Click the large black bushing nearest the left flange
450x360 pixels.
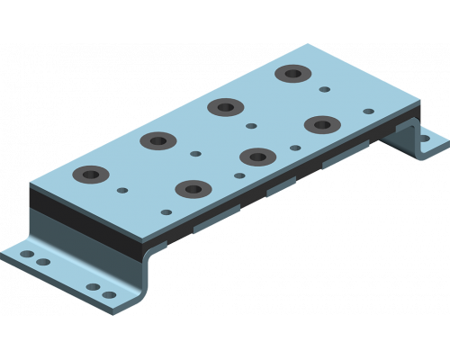click(x=92, y=174)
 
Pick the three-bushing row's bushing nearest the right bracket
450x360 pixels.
click(x=319, y=122)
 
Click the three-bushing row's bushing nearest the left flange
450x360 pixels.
click(x=193, y=189)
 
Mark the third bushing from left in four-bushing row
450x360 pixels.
click(x=225, y=106)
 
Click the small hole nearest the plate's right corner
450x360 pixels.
click(x=367, y=111)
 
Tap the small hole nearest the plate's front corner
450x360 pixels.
click(x=166, y=212)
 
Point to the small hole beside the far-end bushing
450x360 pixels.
click(x=325, y=89)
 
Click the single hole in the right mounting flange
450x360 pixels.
click(x=425, y=139)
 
